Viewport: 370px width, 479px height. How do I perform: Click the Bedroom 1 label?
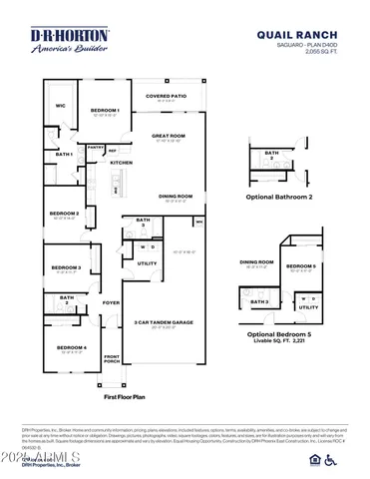tap(105, 110)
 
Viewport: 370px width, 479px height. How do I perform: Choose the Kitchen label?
tap(122, 163)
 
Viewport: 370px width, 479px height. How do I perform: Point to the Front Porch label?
tap(111, 359)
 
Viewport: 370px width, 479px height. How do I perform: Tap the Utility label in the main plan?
tap(147, 263)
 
